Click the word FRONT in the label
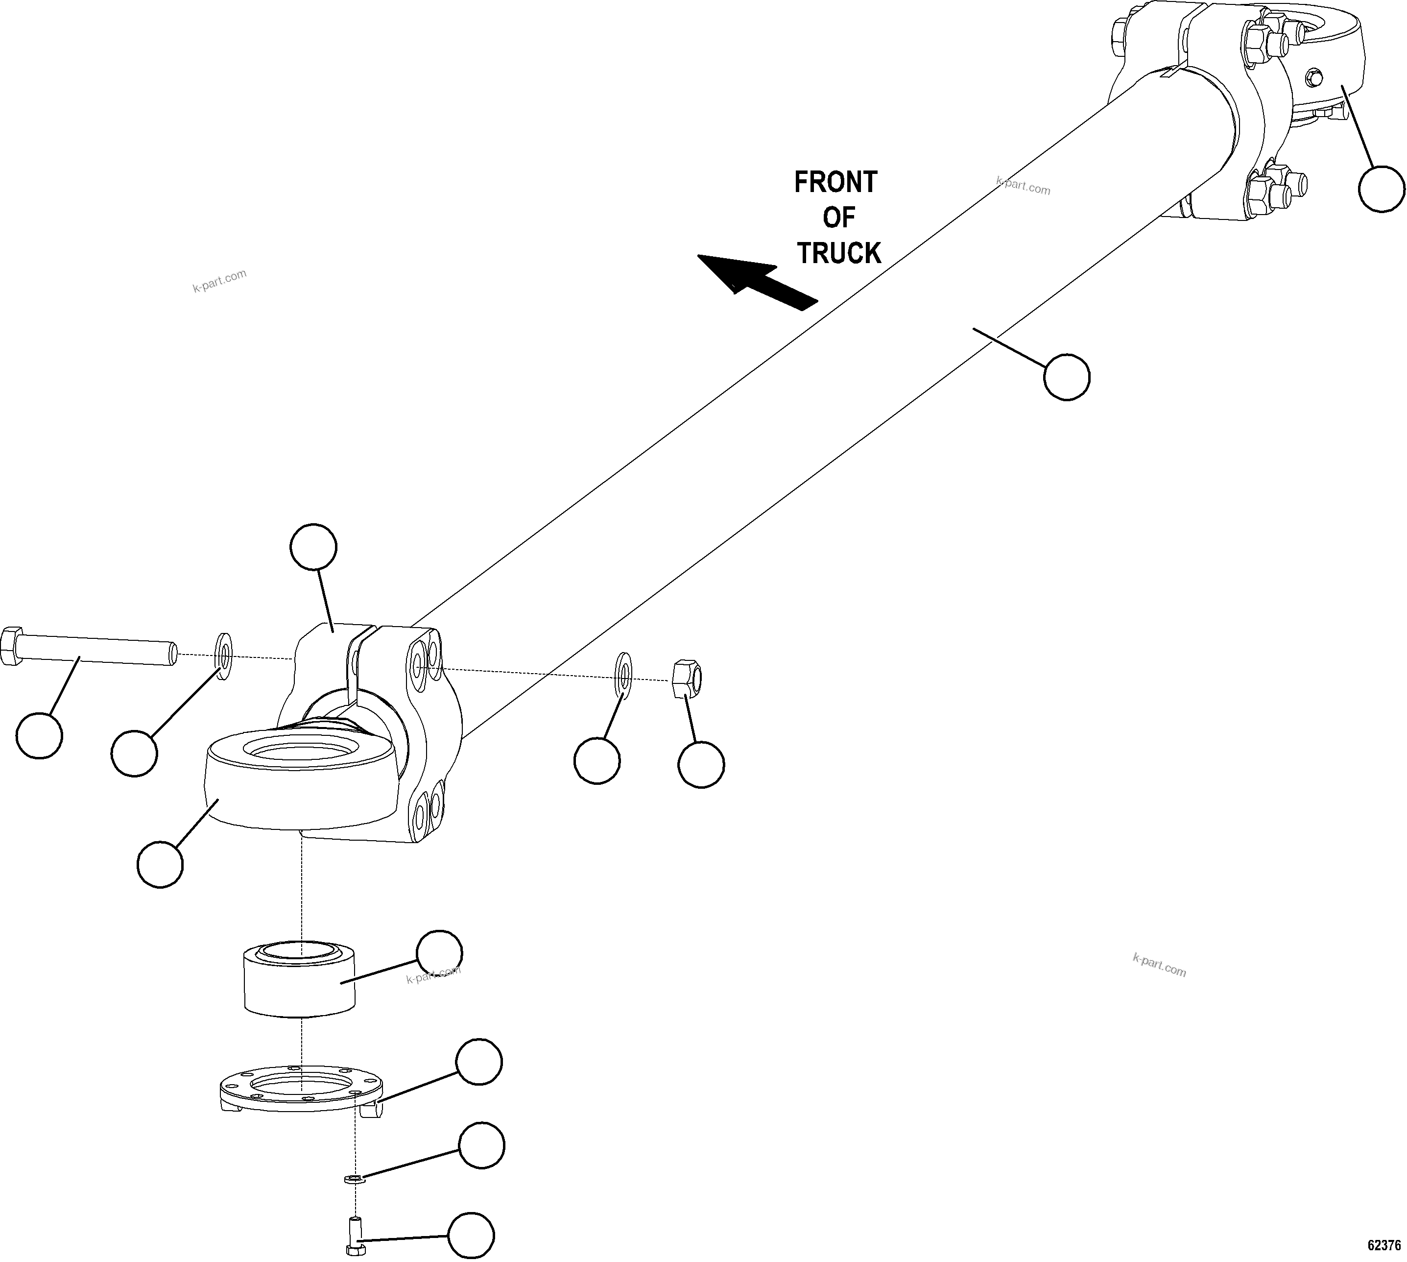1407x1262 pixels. pos(835,182)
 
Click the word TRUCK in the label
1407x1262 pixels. pos(838,253)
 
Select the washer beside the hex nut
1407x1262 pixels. pos(623,675)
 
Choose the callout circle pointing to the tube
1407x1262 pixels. pos(1067,377)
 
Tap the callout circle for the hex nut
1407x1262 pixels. pos(701,764)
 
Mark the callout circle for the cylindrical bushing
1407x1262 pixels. pos(439,953)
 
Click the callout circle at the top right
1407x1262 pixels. pos(1382,189)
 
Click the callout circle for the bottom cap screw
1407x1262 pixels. pos(471,1235)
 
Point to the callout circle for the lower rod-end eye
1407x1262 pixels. pos(160,864)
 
